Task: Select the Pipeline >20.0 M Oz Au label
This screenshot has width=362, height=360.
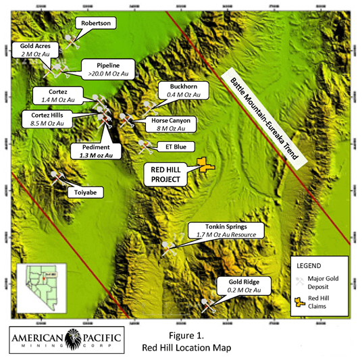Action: click(x=108, y=68)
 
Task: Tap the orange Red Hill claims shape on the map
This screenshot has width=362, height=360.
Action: click(x=203, y=164)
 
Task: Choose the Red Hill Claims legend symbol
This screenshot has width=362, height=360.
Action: click(x=298, y=301)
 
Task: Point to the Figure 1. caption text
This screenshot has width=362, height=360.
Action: click(x=187, y=336)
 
